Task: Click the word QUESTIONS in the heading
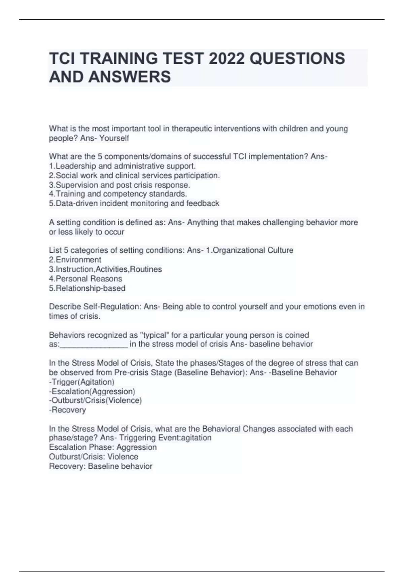pos(297,59)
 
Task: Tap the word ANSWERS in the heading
pos(130,77)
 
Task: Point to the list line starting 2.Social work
pos(134,175)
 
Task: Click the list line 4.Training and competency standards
pos(118,194)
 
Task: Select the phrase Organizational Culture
pos(253,250)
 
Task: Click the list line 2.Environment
pos(75,260)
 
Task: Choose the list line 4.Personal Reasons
pos(86,279)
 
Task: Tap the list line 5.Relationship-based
pos(87,288)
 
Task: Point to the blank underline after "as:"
pos(94,344)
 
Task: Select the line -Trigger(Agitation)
pos(82,382)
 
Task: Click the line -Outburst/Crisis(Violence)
pos(95,400)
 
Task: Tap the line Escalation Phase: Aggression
pos(103,447)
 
